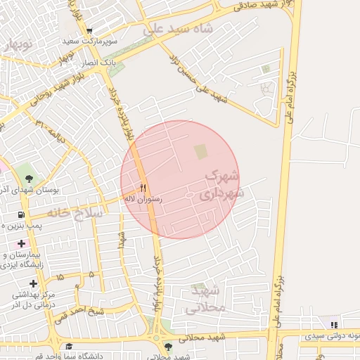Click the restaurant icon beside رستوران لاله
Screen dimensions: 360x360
[x=143, y=188]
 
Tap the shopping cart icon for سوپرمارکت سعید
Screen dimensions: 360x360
[x=89, y=31]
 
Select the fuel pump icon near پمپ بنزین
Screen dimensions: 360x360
[x=20, y=214]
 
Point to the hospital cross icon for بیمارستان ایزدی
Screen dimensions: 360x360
[x=21, y=243]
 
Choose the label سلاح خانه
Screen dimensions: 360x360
[x=75, y=211]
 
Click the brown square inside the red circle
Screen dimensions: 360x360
[x=201, y=151]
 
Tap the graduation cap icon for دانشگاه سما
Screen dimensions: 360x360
[x=69, y=346]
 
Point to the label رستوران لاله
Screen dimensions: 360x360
[x=143, y=200]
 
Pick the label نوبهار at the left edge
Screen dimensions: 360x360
[x=17, y=45]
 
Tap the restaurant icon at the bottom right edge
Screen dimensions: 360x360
[x=334, y=325]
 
